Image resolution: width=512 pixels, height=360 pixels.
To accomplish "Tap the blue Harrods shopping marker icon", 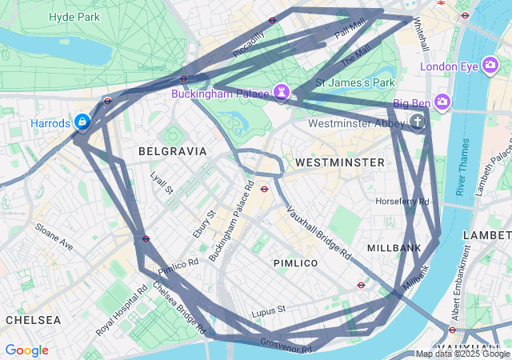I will [82, 122].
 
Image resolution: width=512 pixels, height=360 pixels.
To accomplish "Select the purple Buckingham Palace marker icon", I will [281, 92].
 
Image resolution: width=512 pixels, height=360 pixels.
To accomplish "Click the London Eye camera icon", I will [490, 66].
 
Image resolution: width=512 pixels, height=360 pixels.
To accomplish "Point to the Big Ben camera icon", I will [443, 102].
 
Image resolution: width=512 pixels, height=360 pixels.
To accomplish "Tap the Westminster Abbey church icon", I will [416, 122].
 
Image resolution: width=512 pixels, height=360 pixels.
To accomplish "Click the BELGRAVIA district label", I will [172, 151].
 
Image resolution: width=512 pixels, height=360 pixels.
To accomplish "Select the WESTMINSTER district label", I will [340, 162].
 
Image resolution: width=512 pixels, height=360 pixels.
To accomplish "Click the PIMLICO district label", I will [295, 263].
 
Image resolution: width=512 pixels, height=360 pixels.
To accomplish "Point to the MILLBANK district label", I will [394, 248].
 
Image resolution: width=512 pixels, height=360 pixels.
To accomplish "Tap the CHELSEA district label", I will [33, 319].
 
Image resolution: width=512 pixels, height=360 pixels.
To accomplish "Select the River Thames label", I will [462, 167].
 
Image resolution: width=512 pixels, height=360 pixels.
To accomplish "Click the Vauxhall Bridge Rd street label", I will [319, 233].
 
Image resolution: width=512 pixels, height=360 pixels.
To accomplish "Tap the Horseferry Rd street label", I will [402, 202].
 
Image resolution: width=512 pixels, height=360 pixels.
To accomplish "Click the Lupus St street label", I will [268, 310].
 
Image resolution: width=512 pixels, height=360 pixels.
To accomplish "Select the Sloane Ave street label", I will [54, 238].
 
